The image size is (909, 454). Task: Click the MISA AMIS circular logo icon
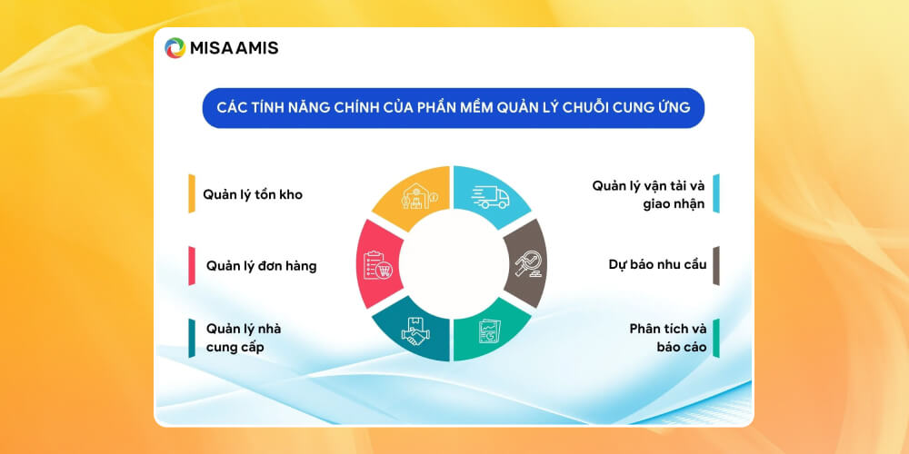point(175,48)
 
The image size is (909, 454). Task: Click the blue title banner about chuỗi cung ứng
point(453,108)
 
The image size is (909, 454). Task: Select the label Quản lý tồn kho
point(253,193)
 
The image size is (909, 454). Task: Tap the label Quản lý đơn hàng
point(261,266)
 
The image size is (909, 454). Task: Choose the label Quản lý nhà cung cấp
point(244,337)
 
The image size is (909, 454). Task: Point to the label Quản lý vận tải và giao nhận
point(648,194)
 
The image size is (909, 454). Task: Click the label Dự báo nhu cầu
point(657,265)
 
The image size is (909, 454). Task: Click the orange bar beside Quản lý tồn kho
point(192,193)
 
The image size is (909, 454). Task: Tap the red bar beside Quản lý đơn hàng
point(192,265)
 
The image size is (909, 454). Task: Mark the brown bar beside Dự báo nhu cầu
point(716,265)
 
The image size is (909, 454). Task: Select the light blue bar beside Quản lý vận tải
point(716,193)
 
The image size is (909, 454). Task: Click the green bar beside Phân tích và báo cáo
point(716,338)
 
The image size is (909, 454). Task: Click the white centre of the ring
point(453,264)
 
